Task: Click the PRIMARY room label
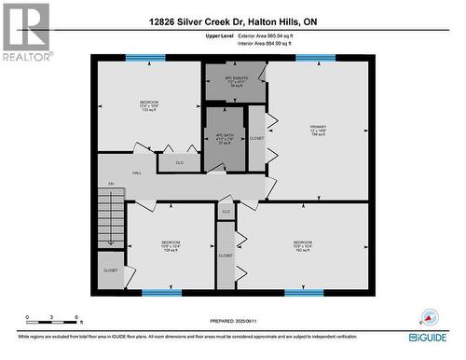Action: tap(318, 131)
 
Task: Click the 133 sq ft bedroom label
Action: tap(149, 105)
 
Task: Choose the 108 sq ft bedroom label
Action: tap(171, 246)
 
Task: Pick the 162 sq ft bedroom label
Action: tap(304, 246)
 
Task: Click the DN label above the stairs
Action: tap(110, 184)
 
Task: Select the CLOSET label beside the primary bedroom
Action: tap(256, 139)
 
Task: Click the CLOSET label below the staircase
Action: tap(110, 270)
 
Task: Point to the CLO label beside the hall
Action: tap(179, 163)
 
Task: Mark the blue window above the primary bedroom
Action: tap(315, 59)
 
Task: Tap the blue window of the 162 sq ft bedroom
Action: tap(303, 293)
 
